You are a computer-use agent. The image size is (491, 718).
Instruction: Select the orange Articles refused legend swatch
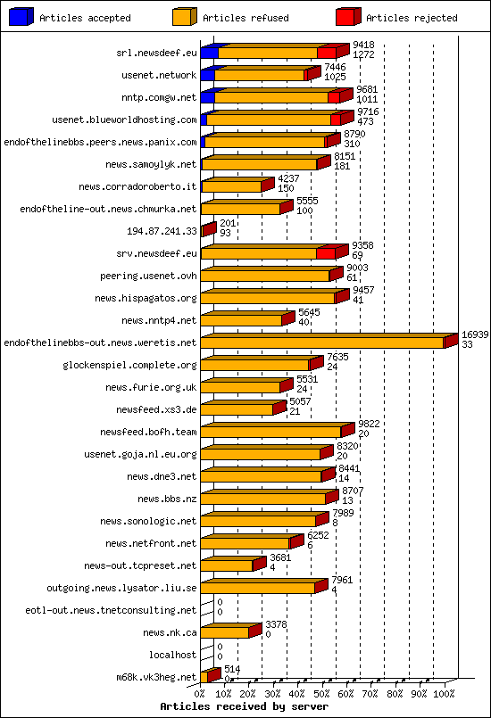pos(184,16)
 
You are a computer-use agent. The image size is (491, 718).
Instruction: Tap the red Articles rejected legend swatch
pos(347,16)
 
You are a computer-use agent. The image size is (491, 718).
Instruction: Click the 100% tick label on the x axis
pos(444,692)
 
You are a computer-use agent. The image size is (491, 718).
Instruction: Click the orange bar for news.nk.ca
pos(225,632)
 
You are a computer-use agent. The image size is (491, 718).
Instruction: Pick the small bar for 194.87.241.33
pos(208,230)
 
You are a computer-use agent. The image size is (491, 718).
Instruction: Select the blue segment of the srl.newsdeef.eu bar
pos(209,54)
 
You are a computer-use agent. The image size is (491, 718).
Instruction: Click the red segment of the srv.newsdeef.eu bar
pos(327,253)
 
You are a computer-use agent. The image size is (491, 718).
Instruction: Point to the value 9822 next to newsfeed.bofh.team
pos(370,425)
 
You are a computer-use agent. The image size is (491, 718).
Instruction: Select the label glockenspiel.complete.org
pos(130,365)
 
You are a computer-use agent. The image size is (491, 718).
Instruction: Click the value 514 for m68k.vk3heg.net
pos(232,668)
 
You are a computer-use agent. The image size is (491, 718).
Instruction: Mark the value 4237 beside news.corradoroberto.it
pos(288,178)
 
